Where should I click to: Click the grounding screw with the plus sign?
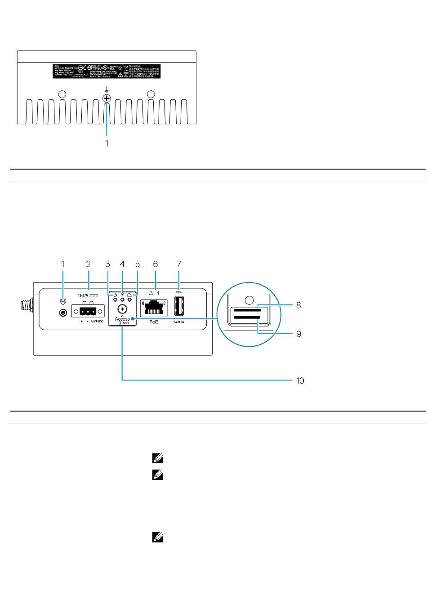point(107,98)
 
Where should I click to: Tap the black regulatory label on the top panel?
point(106,72)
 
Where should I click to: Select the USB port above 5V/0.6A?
point(179,308)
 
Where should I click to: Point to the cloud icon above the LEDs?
point(129,294)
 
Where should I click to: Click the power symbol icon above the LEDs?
point(115,294)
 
